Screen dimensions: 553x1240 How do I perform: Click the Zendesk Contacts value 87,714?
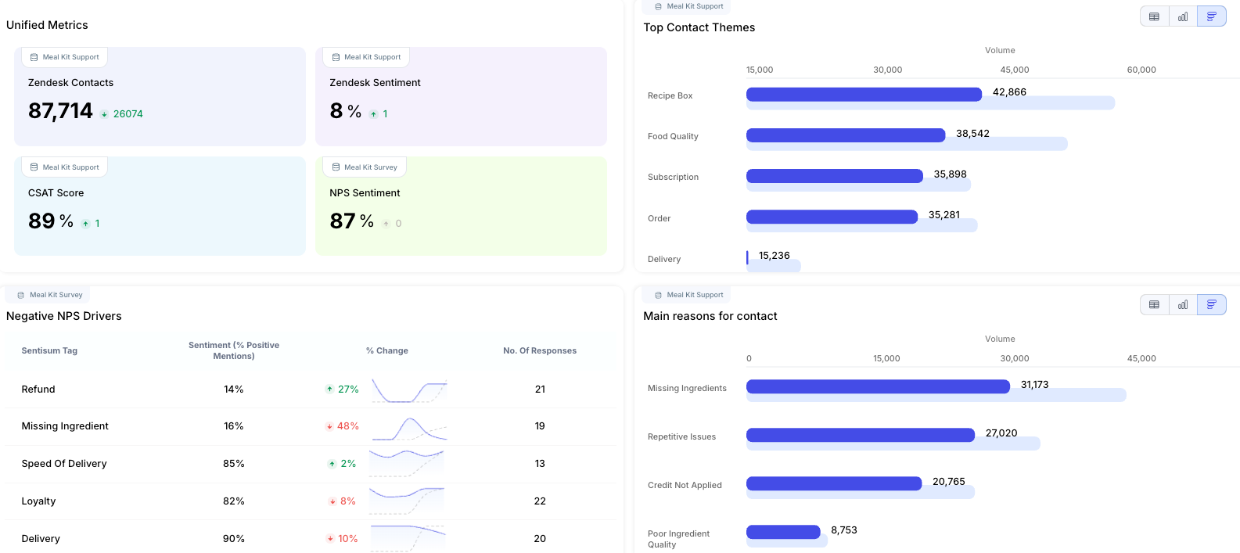(60, 112)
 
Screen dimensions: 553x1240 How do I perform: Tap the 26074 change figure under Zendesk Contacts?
(128, 114)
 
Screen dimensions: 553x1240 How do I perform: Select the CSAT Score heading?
(56, 193)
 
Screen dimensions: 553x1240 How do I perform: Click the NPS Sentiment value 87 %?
(351, 222)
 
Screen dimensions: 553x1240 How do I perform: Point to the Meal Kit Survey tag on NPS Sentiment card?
(365, 167)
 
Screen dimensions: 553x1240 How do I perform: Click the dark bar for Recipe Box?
(864, 95)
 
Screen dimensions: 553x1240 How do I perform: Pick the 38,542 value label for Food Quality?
(972, 134)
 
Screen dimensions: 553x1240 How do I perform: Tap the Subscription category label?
(673, 178)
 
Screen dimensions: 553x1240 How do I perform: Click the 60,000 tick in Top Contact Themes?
(1141, 70)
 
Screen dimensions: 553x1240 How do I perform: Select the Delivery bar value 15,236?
(774, 256)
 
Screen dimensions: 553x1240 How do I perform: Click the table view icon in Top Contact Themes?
(1154, 16)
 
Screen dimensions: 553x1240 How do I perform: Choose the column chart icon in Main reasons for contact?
(1183, 305)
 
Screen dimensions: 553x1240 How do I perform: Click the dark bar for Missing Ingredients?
(878, 386)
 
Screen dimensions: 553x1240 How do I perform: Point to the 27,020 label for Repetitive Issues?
(1001, 433)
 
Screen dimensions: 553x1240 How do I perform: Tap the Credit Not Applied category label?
(685, 486)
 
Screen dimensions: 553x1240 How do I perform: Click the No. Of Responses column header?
(540, 351)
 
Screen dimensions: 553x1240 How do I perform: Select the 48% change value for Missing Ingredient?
(347, 426)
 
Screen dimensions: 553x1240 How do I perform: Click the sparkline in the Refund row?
(408, 390)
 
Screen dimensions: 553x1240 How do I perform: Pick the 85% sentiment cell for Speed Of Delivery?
(233, 464)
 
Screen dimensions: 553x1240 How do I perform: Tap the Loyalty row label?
(38, 501)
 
